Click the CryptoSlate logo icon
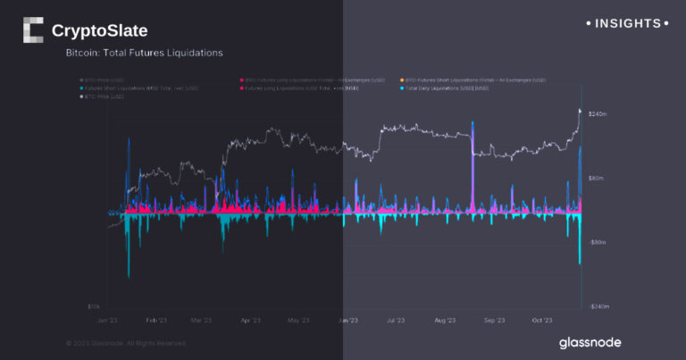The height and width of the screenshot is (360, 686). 33,30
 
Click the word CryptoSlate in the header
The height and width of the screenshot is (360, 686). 99,31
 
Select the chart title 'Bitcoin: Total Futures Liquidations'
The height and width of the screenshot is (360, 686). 144,54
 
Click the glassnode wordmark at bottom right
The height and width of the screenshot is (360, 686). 590,342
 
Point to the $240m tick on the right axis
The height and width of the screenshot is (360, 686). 598,114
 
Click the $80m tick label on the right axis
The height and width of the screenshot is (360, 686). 597,178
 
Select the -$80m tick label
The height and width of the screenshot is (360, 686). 598,242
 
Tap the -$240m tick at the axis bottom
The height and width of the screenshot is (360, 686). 598,306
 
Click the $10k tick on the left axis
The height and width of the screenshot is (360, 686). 96,306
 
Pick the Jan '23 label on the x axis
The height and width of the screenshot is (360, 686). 108,319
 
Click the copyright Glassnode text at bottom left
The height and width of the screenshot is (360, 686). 126,342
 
